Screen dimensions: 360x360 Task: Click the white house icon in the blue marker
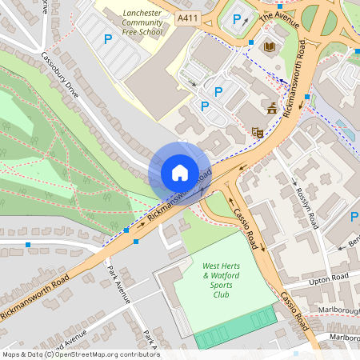(x=179, y=173)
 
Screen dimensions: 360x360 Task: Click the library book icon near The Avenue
(x=268, y=47)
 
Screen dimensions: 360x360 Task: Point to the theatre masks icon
(x=257, y=132)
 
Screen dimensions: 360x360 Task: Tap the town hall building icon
(x=272, y=108)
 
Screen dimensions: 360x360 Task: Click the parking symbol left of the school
(x=107, y=38)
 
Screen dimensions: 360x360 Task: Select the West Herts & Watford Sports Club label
(x=221, y=279)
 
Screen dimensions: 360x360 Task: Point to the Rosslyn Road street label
(x=308, y=203)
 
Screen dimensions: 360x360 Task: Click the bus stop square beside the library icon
(x=251, y=42)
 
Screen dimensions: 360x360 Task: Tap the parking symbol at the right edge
(x=354, y=217)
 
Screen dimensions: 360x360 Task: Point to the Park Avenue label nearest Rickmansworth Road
(x=120, y=283)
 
